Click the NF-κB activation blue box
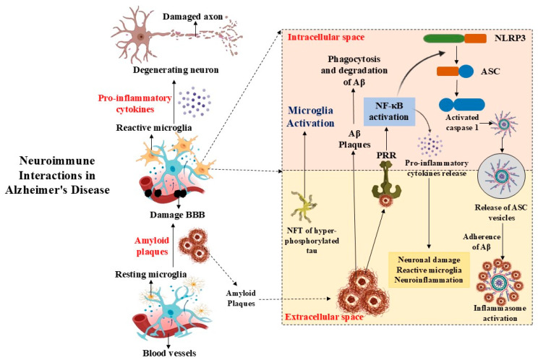(x=389, y=111)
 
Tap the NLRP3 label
(x=510, y=38)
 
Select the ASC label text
(x=490, y=72)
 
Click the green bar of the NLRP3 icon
(x=444, y=38)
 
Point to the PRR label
(x=386, y=155)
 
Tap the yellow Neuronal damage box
(x=429, y=270)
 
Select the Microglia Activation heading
(x=310, y=116)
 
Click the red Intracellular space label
(x=326, y=37)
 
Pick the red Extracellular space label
(x=324, y=317)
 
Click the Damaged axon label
(x=193, y=17)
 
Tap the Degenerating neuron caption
(x=176, y=70)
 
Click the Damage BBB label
(x=177, y=215)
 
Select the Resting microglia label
(x=151, y=274)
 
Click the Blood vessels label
(x=169, y=353)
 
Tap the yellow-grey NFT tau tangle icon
(x=303, y=207)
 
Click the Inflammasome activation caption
(x=500, y=313)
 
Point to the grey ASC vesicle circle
(x=502, y=176)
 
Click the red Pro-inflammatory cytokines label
(x=134, y=103)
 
